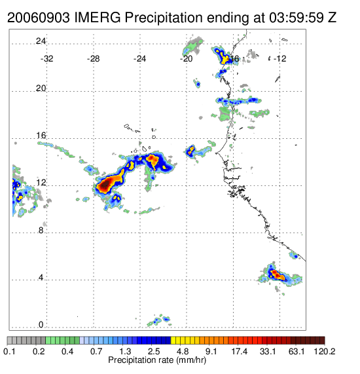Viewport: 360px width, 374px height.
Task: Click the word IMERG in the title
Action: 98,18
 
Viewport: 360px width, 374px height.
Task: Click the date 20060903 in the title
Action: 39,18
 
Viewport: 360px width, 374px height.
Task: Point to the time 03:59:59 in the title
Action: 297,18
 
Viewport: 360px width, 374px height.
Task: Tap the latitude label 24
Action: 41,41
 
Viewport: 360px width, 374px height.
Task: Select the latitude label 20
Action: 41,88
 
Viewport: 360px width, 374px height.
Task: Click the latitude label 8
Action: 41,231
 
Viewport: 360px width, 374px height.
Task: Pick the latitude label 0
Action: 41,325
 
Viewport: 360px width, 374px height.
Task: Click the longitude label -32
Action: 46,59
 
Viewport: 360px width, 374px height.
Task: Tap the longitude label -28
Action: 93,59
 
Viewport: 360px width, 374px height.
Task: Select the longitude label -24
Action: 139,59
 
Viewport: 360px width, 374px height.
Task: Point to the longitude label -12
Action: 279,59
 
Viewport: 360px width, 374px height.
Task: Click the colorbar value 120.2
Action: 325,352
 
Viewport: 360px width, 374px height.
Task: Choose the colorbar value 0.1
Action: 9,352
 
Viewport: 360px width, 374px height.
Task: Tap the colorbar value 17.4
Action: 240,352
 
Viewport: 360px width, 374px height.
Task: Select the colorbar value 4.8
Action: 183,352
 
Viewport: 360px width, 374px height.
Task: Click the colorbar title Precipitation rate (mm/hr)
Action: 157,360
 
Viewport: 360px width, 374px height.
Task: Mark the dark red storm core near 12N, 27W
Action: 105,184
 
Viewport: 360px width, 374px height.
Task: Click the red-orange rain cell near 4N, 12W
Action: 277,275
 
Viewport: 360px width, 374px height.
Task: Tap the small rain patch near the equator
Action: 159,320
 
